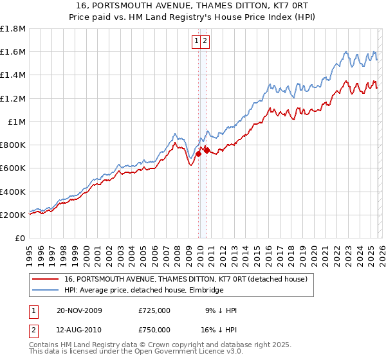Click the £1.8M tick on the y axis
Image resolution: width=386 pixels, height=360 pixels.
click(13, 29)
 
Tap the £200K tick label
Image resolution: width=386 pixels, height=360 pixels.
click(13, 215)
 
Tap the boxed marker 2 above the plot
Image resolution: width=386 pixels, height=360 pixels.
click(205, 41)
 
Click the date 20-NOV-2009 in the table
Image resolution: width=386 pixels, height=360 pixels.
click(79, 310)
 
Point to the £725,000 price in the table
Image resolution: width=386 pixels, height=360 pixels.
click(154, 310)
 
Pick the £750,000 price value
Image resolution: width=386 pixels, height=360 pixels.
click(154, 329)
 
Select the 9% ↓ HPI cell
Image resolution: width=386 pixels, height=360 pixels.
click(221, 310)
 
